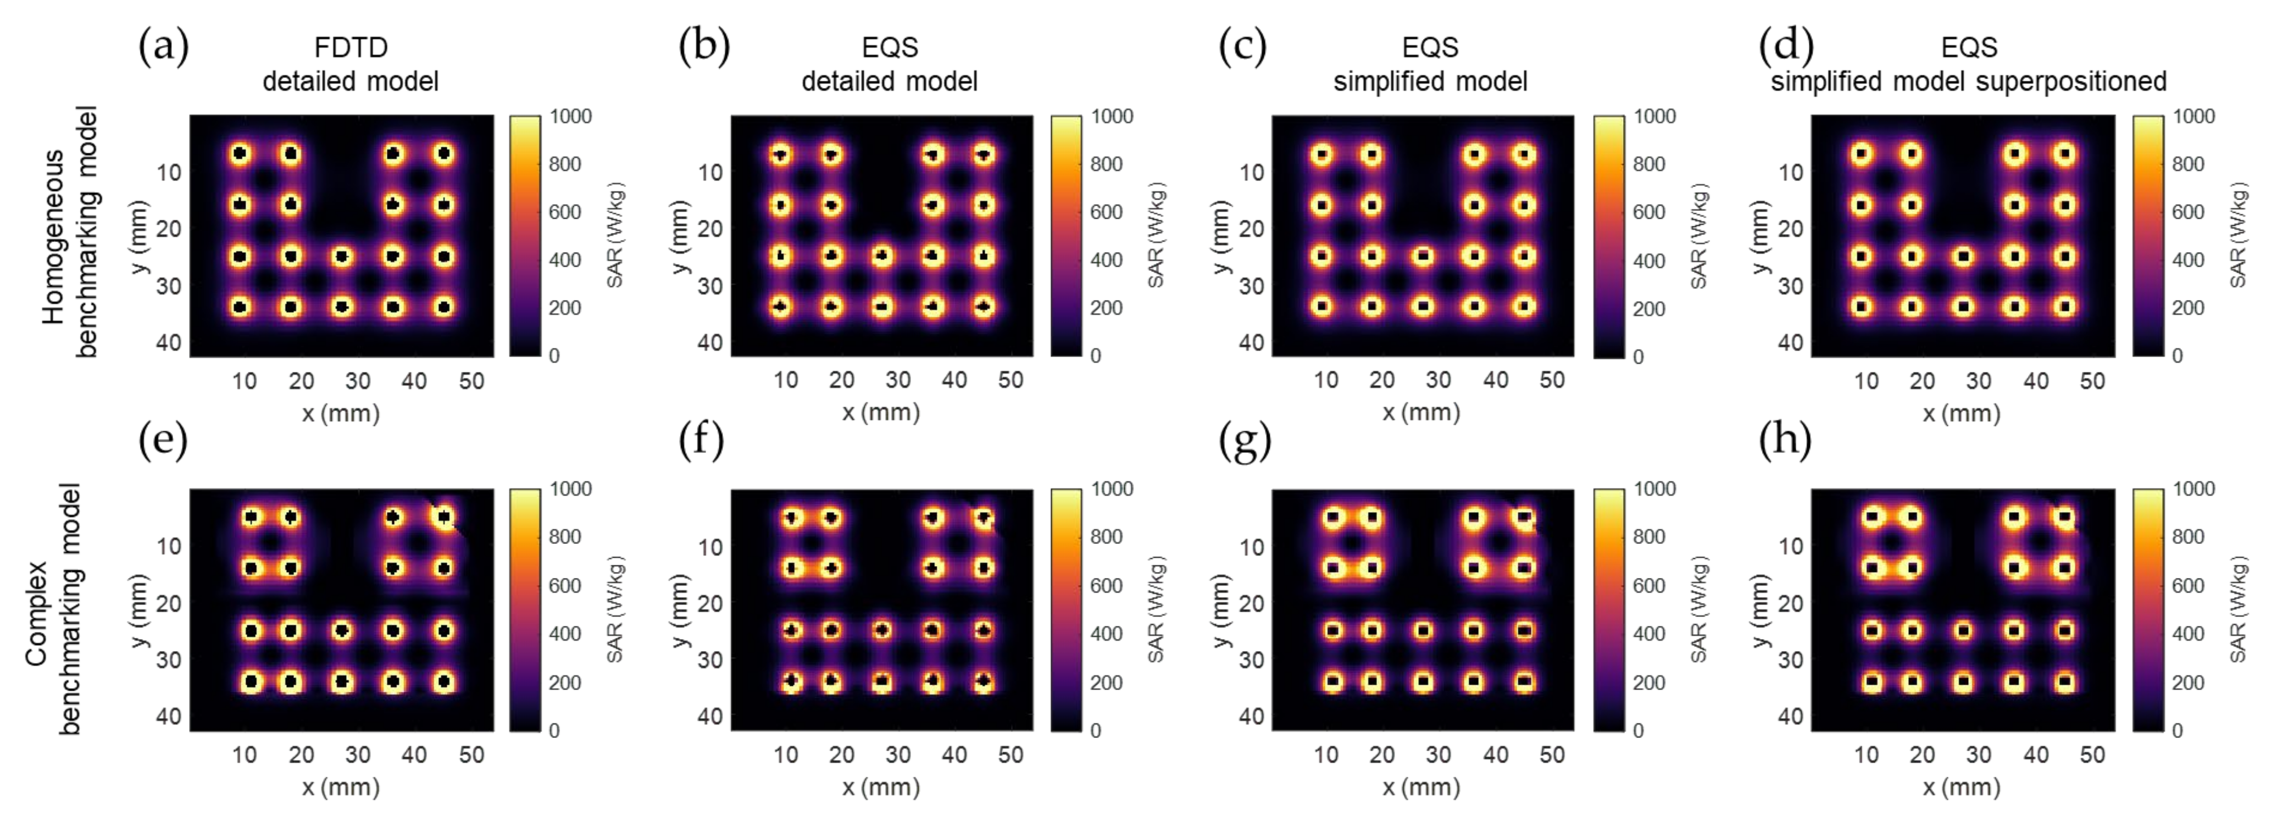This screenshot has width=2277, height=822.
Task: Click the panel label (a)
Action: point(164,46)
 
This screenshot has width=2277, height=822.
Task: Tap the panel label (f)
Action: point(701,439)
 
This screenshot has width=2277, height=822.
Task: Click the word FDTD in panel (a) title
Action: point(351,47)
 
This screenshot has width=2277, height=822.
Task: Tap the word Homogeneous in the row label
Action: point(53,237)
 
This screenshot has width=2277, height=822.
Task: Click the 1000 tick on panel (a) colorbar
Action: point(570,116)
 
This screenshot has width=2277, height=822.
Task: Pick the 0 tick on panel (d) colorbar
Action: point(2177,356)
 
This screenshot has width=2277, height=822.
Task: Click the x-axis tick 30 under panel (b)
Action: point(898,381)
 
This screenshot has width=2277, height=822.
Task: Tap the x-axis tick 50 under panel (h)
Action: point(2092,755)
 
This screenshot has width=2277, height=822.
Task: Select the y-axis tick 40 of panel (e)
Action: point(169,716)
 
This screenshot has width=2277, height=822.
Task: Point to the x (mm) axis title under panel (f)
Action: point(880,787)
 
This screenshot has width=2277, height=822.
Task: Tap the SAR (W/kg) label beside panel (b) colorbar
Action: point(1156,235)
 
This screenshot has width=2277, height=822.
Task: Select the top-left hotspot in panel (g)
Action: point(1333,517)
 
